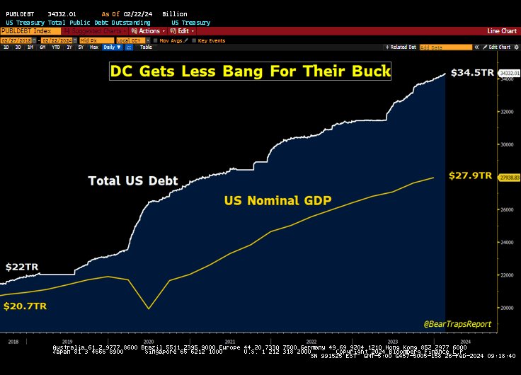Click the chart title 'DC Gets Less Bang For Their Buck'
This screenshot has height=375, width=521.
[250, 71]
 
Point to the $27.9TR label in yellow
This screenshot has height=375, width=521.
[470, 175]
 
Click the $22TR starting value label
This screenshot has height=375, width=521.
[22, 267]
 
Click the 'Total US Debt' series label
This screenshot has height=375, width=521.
[132, 180]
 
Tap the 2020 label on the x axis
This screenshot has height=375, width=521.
[149, 340]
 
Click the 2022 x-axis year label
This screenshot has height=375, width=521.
[311, 340]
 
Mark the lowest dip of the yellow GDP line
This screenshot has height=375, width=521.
[149, 308]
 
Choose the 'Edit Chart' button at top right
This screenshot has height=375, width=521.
[497, 47]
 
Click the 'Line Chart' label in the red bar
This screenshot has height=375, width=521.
[503, 31]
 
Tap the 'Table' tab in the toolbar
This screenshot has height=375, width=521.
[146, 47]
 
